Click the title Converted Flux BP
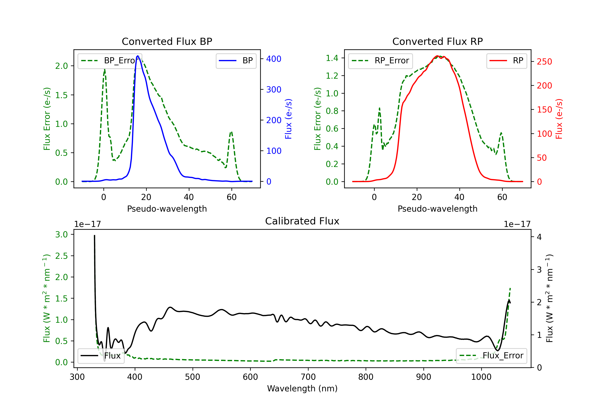(x=167, y=41)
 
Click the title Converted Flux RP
(x=437, y=41)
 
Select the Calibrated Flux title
(x=302, y=221)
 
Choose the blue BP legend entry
(x=236, y=61)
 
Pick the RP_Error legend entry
(x=380, y=61)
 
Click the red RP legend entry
(x=506, y=61)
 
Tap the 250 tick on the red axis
(x=544, y=62)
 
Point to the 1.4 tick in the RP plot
(x=332, y=58)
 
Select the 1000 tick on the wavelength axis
(x=481, y=377)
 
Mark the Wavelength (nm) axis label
(x=302, y=389)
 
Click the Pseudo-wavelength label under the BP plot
(x=167, y=209)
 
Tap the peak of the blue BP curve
(x=138, y=56)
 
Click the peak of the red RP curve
(x=437, y=56)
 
